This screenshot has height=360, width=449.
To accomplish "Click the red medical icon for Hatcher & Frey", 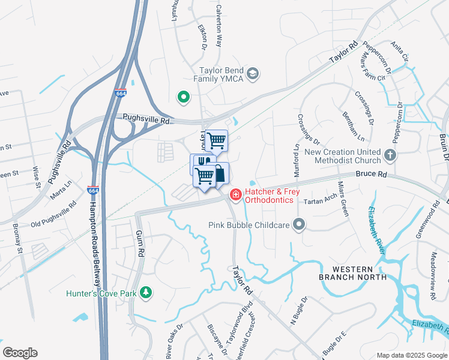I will [x=235, y=194].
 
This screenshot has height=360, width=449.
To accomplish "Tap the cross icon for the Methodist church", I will [x=390, y=156].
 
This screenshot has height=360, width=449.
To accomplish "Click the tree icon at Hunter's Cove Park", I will [x=145, y=292].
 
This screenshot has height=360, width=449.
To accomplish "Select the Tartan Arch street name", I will [x=322, y=202].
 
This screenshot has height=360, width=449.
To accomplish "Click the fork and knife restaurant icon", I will [x=201, y=162].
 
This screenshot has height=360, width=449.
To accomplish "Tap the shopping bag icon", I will [x=220, y=173].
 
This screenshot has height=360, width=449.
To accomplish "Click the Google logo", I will [x=20, y=353].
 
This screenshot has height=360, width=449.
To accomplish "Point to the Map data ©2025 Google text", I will [x=411, y=355].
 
